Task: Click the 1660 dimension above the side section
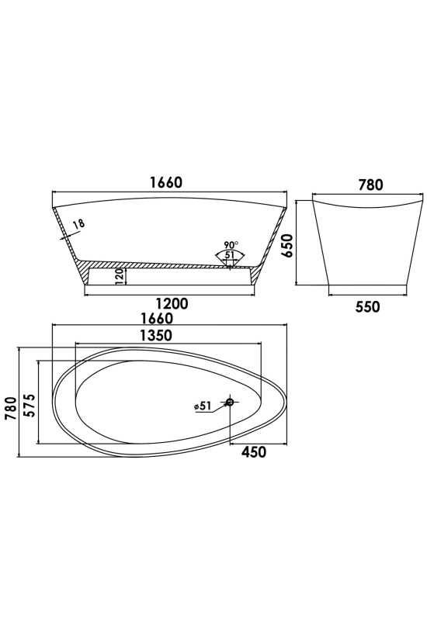point(166,182)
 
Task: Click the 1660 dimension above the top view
point(157,318)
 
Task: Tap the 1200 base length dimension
point(172,303)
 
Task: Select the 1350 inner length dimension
point(156,335)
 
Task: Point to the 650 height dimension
point(288,245)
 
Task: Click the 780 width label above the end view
point(370,185)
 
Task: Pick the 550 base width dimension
point(368,306)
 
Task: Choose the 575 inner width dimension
point(29,405)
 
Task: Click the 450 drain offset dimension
point(254,451)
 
